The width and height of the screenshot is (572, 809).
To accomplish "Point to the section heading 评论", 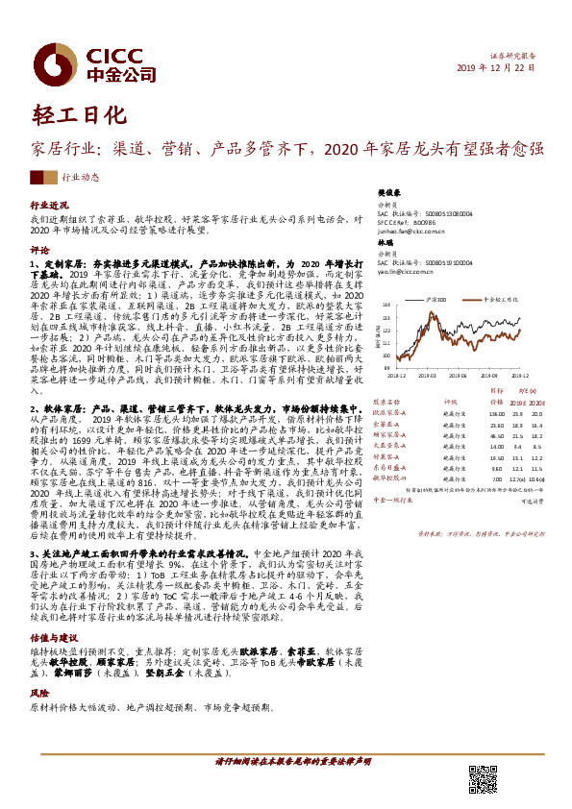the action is [40, 248].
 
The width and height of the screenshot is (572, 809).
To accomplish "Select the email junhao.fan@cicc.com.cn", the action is [412, 232].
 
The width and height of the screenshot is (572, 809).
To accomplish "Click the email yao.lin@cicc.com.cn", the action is [408, 272].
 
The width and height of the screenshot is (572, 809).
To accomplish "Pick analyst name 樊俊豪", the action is [387, 192].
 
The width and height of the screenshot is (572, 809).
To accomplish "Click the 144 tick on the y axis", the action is [385, 306].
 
